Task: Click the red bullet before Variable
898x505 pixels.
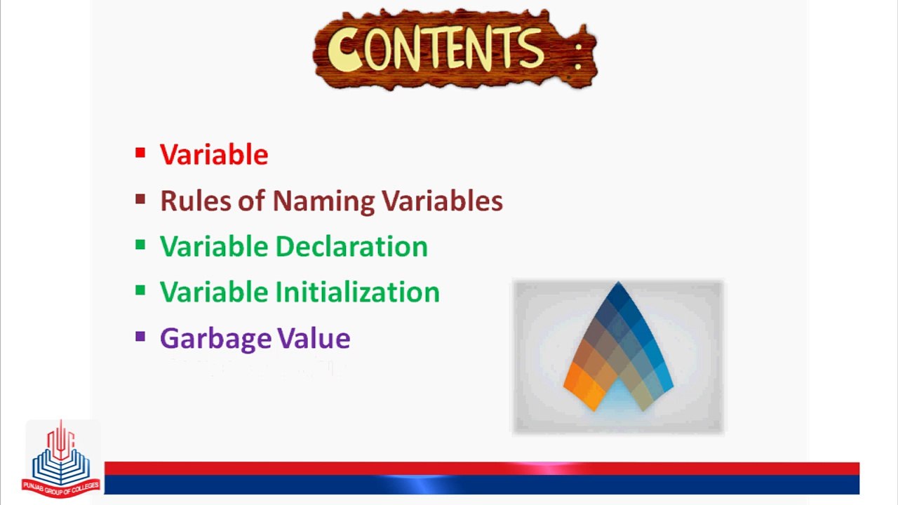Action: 140,153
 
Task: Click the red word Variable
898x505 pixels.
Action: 214,154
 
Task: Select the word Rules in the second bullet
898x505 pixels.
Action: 196,201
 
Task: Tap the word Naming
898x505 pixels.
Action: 323,202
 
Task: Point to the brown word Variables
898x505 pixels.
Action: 442,201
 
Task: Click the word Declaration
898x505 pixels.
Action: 352,246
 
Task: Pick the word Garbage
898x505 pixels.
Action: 215,339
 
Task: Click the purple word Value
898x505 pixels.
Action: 314,338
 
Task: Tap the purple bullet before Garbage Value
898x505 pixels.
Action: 140,336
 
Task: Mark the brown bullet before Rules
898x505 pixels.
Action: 140,198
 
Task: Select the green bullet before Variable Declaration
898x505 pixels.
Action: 140,245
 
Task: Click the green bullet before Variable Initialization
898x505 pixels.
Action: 140,290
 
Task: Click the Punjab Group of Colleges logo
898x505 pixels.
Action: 61,459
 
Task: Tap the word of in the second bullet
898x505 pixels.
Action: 252,200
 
